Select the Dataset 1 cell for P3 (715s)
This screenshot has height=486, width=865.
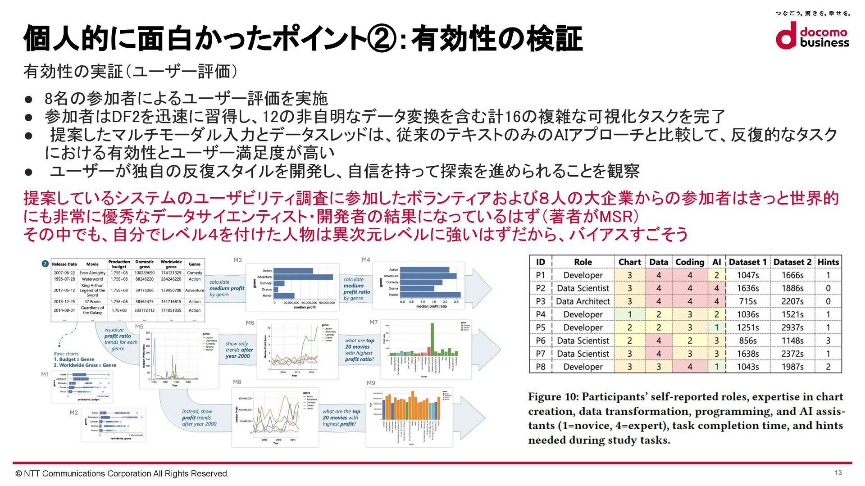[748, 301]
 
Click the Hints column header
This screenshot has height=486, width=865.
[828, 262]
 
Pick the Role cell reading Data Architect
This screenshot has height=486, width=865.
[583, 301]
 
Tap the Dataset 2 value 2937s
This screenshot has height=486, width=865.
[792, 327]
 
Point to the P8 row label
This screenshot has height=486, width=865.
[541, 367]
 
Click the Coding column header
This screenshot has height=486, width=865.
[689, 262]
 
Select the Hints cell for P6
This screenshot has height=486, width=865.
[828, 341]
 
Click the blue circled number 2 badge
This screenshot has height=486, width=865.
[45, 264]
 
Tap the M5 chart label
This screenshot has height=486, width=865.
[139, 327]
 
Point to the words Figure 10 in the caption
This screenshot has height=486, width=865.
[552, 397]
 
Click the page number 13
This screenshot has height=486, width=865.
[838, 472]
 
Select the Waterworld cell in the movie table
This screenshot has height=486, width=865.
[92, 279]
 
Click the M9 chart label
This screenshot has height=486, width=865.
[371, 383]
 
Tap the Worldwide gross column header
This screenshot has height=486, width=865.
[171, 264]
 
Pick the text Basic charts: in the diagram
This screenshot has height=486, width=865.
[67, 354]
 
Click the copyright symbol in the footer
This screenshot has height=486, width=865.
[18, 474]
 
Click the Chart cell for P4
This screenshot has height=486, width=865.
[629, 314]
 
